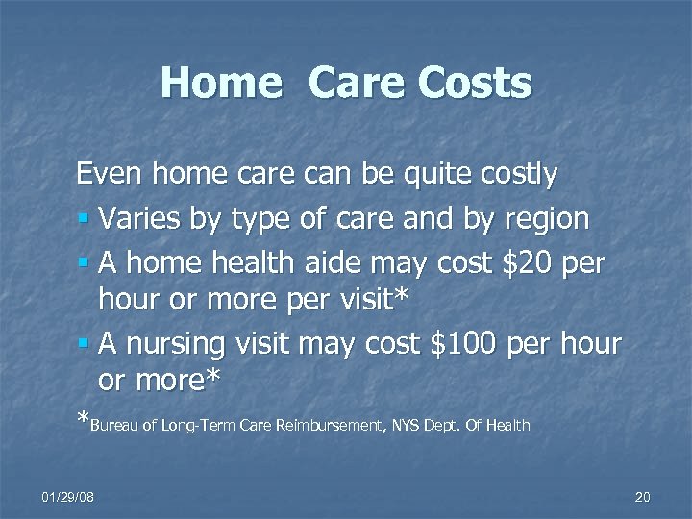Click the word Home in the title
[x=219, y=83]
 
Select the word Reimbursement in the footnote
[x=336, y=424]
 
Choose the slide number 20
[x=643, y=497]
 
